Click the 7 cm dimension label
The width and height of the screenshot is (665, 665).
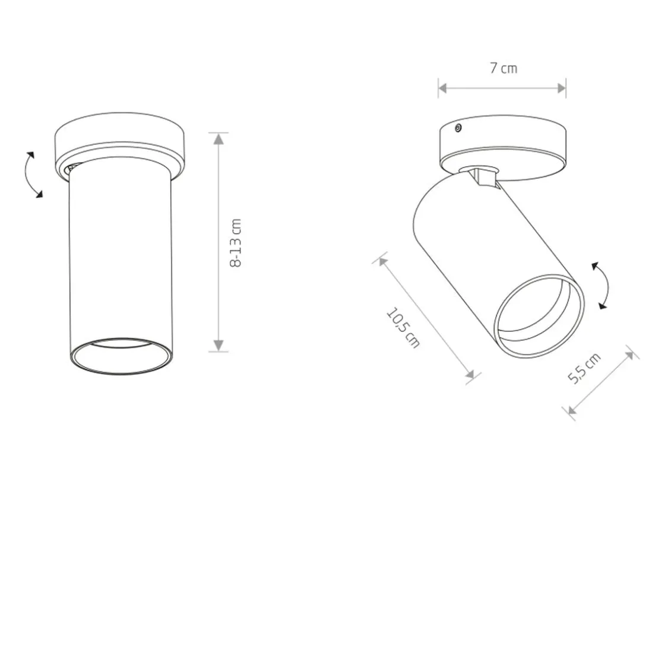(x=503, y=68)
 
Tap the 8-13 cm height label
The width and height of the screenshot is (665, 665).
(x=235, y=243)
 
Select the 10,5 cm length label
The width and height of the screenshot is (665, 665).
(x=403, y=328)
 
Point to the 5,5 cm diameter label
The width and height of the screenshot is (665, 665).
(x=584, y=368)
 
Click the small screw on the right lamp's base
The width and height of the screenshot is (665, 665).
(x=458, y=128)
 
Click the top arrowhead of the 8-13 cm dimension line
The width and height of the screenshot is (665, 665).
(x=218, y=139)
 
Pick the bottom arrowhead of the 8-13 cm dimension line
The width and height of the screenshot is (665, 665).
(x=218, y=346)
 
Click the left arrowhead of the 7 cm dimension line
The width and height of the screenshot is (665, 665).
(x=444, y=88)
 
